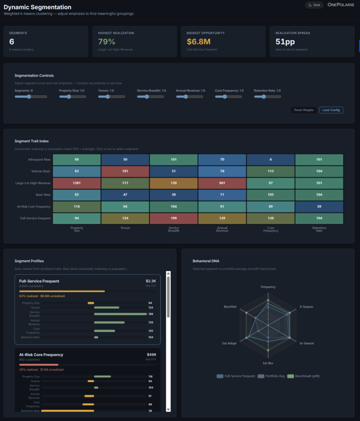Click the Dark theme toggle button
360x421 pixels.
[314, 5]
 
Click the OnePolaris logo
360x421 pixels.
[340, 5]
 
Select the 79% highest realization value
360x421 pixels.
[107, 42]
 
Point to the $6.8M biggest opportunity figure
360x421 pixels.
[198, 42]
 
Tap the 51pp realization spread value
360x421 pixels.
[285, 42]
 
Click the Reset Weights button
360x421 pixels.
[304, 110]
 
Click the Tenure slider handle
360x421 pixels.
[108, 97]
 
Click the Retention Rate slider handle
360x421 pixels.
[264, 97]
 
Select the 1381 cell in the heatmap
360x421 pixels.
[77, 184]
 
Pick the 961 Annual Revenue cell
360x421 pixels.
[222, 184]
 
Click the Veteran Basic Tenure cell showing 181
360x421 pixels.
[125, 171]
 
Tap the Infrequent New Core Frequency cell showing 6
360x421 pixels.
[270, 159]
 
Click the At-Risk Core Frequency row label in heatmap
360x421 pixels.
[36, 206]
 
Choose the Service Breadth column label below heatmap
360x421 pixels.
[174, 230]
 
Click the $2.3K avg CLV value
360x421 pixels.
[151, 281]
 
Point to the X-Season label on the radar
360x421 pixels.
[307, 306]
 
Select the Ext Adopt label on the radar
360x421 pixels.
[229, 343]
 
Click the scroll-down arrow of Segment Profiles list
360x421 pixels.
[169, 409]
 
